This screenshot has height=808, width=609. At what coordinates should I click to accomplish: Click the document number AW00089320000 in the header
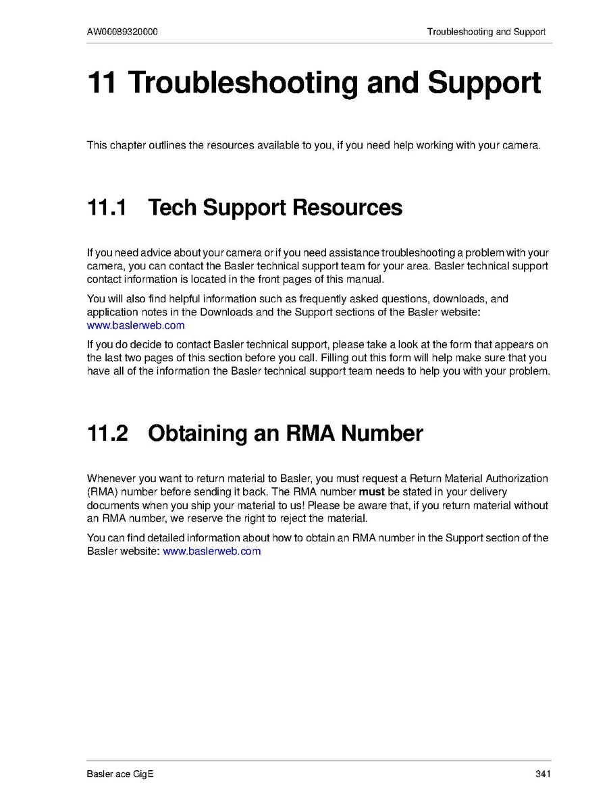coord(123,32)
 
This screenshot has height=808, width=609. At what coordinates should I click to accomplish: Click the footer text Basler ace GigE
coord(120,774)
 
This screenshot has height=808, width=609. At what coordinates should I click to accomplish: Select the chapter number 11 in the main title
coord(102,82)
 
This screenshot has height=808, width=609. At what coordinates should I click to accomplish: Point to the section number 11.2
coord(107,433)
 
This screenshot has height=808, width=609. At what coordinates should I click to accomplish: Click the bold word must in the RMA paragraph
coord(371,491)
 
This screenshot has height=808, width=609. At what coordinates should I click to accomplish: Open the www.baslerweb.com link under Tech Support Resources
coord(136,325)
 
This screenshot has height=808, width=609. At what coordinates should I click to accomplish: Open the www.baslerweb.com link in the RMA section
coord(212,551)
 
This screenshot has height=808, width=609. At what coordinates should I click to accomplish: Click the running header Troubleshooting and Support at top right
coord(486,32)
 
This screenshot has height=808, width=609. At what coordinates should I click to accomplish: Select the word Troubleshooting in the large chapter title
coord(243,82)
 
